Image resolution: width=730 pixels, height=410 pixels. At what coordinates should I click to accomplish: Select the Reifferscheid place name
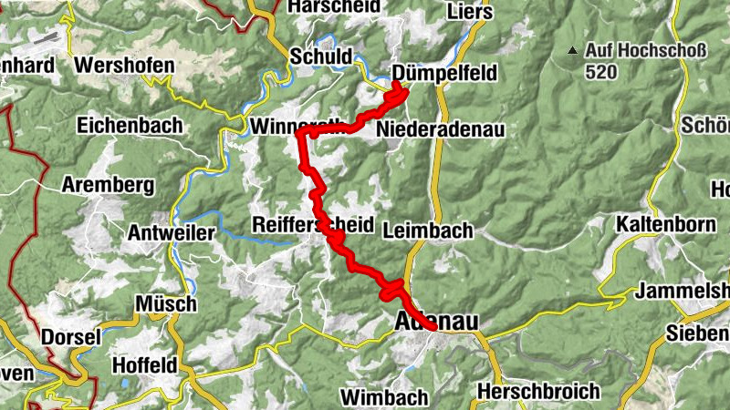click(313, 225)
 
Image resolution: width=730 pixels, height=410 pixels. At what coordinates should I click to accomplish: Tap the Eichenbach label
click(130, 125)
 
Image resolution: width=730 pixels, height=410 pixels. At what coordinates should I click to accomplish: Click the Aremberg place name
click(107, 185)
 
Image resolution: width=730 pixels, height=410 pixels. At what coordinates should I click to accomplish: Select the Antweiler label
click(172, 233)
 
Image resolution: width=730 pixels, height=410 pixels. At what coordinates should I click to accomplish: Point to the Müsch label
click(165, 303)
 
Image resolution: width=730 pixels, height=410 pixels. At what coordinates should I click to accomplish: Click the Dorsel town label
click(69, 337)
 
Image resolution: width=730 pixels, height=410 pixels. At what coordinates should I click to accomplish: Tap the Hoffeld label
click(143, 365)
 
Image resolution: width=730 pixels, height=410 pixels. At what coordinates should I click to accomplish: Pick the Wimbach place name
click(384, 397)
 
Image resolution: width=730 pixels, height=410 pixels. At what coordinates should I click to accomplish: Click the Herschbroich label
click(538, 392)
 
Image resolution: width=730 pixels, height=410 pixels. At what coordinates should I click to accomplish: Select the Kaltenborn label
click(663, 223)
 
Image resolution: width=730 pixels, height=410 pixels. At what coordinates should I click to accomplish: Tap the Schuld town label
click(320, 56)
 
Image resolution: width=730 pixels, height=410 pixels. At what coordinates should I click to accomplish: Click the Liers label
click(470, 12)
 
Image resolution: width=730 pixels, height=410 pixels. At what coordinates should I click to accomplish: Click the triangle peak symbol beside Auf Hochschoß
click(572, 50)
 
